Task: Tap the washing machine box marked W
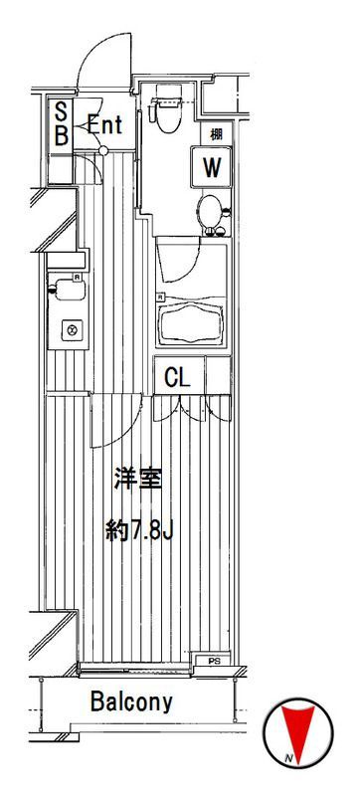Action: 211,167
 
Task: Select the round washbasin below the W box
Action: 209,212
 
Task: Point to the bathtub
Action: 192,321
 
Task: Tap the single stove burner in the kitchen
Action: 71,329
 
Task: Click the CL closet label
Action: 177,377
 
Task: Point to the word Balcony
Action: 131,702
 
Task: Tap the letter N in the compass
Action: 287,761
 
